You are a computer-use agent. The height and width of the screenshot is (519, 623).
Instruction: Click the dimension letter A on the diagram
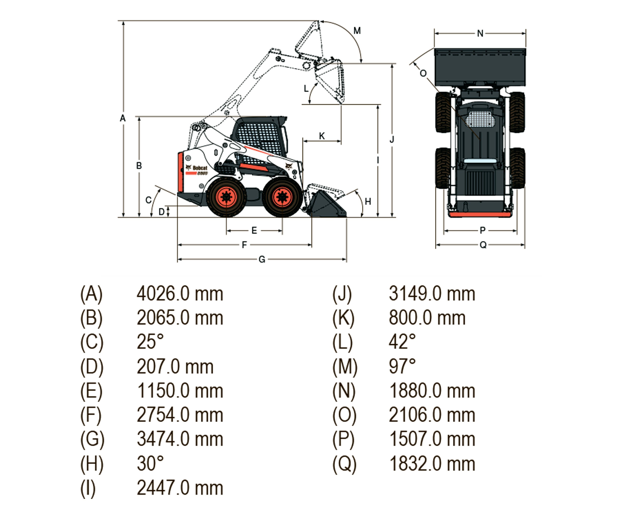tap(123, 118)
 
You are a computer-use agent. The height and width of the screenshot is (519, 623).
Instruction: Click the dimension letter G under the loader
tap(262, 260)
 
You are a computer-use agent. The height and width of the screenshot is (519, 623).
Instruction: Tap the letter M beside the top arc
tap(357, 31)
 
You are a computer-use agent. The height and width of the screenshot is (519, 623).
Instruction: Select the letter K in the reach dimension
tap(322, 136)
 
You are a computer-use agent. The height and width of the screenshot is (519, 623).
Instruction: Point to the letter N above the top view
tap(480, 33)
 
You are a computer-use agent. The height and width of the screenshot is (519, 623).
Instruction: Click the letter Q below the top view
tap(483, 245)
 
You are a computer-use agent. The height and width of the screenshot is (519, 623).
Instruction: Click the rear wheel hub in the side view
tap(226, 197)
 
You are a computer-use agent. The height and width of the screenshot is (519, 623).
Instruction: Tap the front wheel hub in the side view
tap(282, 197)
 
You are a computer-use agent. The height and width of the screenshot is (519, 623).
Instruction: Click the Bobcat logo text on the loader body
tap(200, 168)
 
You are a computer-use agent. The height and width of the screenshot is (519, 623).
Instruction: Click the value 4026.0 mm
tap(180, 294)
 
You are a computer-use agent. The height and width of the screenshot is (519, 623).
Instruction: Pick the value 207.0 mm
tap(175, 367)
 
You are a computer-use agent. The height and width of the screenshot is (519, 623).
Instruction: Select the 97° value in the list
tap(402, 366)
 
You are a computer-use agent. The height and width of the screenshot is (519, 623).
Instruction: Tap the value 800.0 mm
tap(427, 318)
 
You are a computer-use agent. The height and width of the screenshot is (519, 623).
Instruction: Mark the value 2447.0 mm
tap(180, 488)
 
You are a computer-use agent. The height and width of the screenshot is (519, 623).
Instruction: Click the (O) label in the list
tap(344, 415)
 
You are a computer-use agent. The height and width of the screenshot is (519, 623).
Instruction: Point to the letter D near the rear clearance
tap(161, 212)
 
